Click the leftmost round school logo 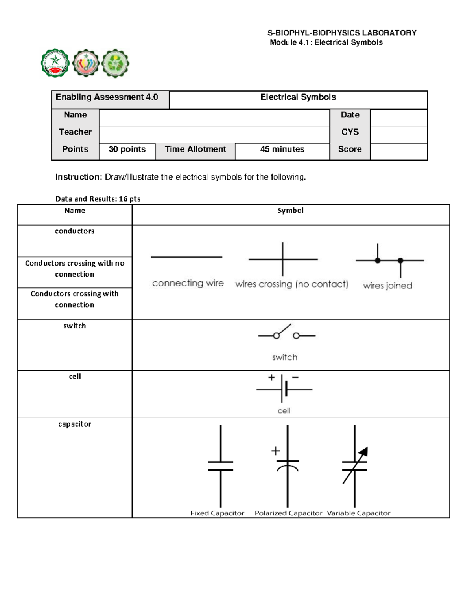pyautogui.click(x=55, y=63)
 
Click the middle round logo pyautogui.click(x=86, y=63)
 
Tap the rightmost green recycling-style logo pyautogui.click(x=115, y=63)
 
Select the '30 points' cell pyautogui.click(x=127, y=149)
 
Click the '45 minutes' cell pyautogui.click(x=282, y=149)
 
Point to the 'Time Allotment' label pyautogui.click(x=195, y=149)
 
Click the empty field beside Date pyautogui.click(x=398, y=117)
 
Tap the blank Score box pyautogui.click(x=398, y=151)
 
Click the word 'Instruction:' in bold pyautogui.click(x=79, y=177)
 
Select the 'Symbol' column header pyautogui.click(x=290, y=211)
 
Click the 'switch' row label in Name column pyautogui.click(x=74, y=326)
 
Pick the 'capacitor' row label pyautogui.click(x=74, y=424)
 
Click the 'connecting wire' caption pyautogui.click(x=188, y=283)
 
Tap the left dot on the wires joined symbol pyautogui.click(x=378, y=260)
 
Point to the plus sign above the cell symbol pyautogui.click(x=271, y=377)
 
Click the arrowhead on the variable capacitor pyautogui.click(x=364, y=451)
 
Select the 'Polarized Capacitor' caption pyautogui.click(x=288, y=513)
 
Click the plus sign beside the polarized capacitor pyautogui.click(x=275, y=451)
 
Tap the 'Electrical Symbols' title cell pyautogui.click(x=298, y=97)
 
